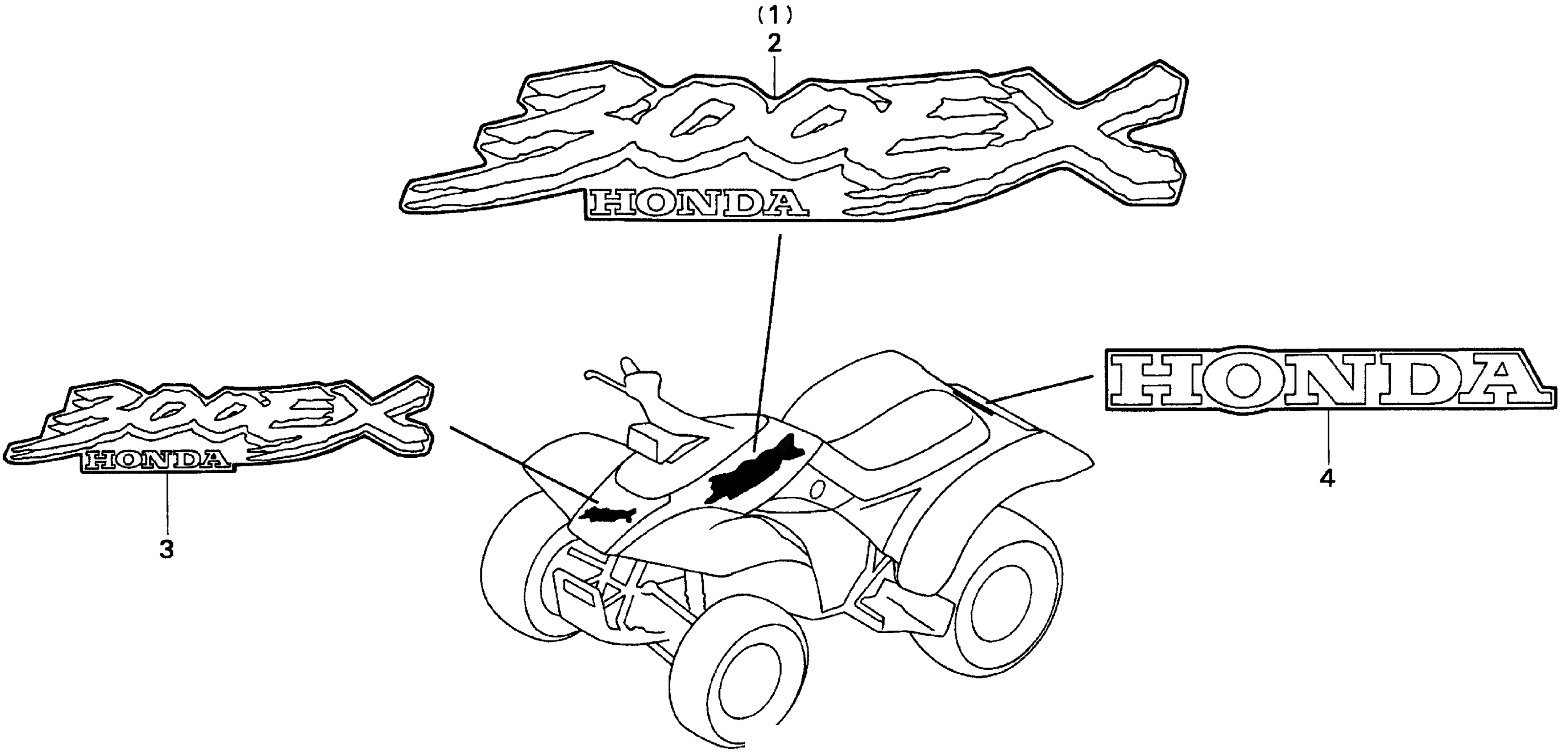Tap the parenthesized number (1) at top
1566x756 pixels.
point(773,15)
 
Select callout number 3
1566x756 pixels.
point(166,549)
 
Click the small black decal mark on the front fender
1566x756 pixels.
point(608,514)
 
